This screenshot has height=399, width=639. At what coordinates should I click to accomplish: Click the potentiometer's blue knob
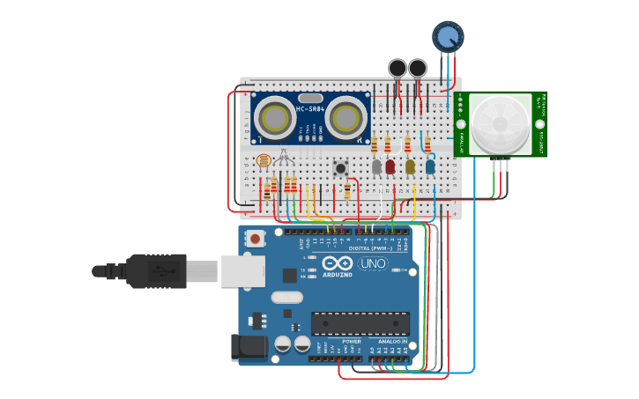pos(447,36)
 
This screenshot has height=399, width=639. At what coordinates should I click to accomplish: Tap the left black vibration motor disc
pos(398,68)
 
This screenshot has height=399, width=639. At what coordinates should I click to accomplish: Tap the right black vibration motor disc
pos(418,68)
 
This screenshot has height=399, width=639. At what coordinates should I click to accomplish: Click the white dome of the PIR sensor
pos(500,124)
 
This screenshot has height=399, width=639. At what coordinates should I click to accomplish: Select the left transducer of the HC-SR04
pos(277,118)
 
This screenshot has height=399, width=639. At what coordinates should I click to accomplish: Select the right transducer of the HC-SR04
pos(346,118)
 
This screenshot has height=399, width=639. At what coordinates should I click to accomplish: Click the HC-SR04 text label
pos(310,108)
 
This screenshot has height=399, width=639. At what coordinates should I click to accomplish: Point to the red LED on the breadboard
pos(390,166)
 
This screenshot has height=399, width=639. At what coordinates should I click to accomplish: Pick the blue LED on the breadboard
pos(430,166)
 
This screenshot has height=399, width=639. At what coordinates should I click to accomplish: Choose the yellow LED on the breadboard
pos(410,166)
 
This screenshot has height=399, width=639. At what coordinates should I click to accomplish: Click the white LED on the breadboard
pos(376,166)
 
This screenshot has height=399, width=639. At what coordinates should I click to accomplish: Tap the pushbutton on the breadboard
pos(339,166)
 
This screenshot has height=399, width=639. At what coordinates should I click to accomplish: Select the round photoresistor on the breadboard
pos(262,161)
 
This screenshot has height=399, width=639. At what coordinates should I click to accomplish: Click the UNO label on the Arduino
pos(373,263)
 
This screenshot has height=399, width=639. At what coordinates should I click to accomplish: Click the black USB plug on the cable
pos(154,271)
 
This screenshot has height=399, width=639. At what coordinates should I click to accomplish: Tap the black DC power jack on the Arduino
pos(249,347)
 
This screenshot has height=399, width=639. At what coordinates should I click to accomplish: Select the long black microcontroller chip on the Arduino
pos(360,323)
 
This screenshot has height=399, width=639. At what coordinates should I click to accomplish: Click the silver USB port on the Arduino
pos(242,272)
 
